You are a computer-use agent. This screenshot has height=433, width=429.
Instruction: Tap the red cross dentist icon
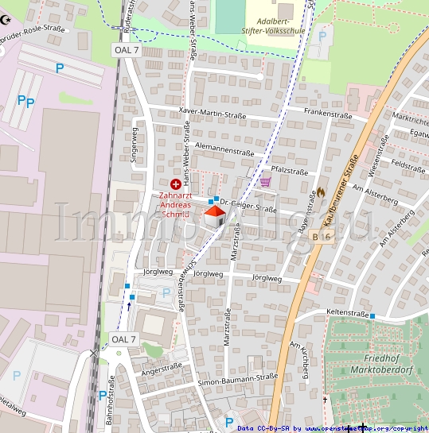[x=175, y=184]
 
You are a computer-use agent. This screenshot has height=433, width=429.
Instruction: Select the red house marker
[x=214, y=215]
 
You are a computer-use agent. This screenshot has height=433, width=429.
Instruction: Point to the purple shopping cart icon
[x=265, y=182]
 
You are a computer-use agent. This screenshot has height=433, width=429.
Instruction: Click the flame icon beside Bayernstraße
[x=322, y=191]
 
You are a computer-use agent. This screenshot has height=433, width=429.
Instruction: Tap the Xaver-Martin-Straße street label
[x=213, y=114]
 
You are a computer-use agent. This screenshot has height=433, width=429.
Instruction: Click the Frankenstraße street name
[x=326, y=113]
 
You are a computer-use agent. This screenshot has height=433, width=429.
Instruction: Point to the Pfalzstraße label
[x=289, y=171]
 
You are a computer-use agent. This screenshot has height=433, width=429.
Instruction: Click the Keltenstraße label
[x=348, y=314]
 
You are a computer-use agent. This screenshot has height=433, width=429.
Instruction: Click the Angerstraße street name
[x=162, y=369]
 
